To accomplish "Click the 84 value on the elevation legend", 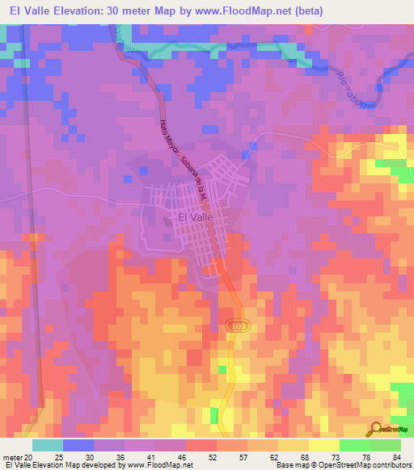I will point(396,455).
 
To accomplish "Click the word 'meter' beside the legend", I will point(12,455).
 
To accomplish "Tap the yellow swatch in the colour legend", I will point(293,444).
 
